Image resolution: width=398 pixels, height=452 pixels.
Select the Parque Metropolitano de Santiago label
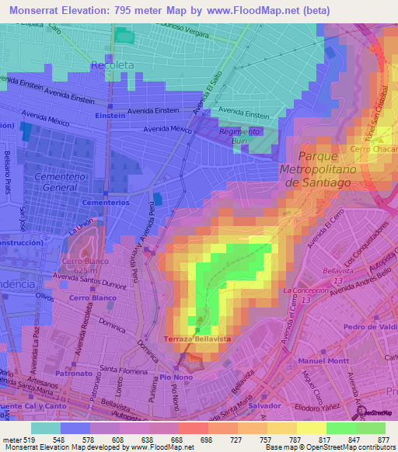click(x=316, y=168)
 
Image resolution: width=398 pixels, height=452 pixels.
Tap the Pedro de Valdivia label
click(x=369, y=327)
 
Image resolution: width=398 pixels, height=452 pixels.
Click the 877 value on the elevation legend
click(x=384, y=439)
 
